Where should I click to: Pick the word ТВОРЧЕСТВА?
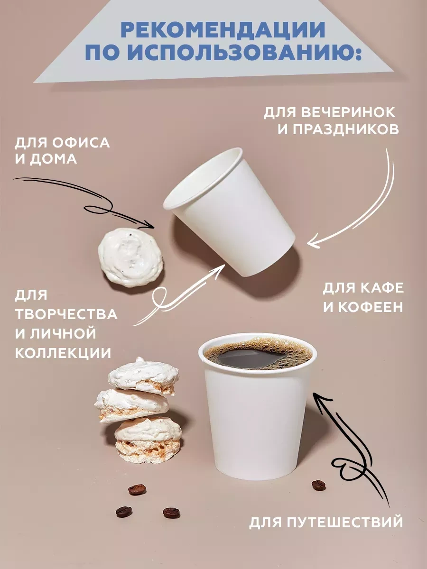coord(66,314)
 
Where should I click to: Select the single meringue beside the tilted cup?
coord(130,257)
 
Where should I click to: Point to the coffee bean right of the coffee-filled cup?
coord(318,485)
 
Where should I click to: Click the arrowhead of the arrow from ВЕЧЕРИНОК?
coord(309,245)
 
